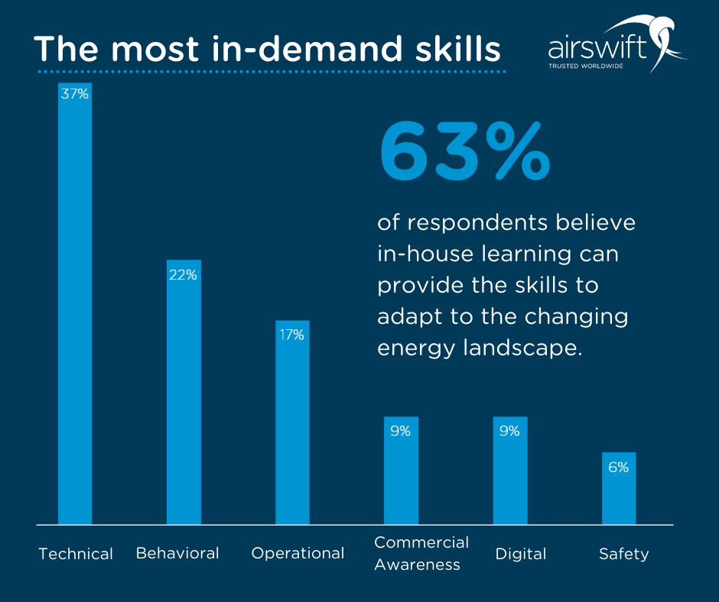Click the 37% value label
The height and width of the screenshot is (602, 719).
(x=75, y=94)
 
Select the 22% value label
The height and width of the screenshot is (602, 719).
(x=184, y=274)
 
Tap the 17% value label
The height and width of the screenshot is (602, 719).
(x=292, y=334)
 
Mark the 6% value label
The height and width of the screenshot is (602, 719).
(x=619, y=467)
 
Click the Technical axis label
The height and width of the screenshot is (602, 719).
(x=76, y=554)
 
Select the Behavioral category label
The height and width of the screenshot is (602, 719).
(x=177, y=553)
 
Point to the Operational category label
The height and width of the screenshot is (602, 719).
(x=298, y=553)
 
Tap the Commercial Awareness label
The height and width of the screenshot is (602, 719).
(x=421, y=553)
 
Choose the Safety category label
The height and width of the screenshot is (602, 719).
(x=623, y=554)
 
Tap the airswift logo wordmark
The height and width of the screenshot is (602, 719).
(x=597, y=50)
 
